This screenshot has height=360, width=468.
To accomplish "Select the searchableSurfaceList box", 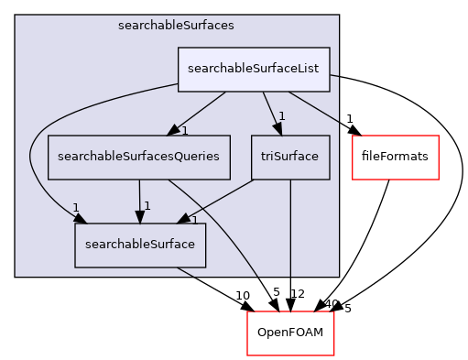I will click(254, 70).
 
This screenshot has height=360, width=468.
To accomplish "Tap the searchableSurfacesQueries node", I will click(138, 157).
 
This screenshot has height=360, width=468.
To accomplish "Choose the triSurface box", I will click(290, 157).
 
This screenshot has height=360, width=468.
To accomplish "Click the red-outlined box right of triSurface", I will click(396, 157).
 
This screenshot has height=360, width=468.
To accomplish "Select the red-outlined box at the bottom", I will click(290, 333).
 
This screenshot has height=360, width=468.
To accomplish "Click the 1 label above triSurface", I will click(283, 116).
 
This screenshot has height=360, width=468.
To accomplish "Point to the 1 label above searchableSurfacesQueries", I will click(184, 131).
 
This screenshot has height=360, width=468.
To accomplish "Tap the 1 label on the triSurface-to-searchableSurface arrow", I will click(195, 221).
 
